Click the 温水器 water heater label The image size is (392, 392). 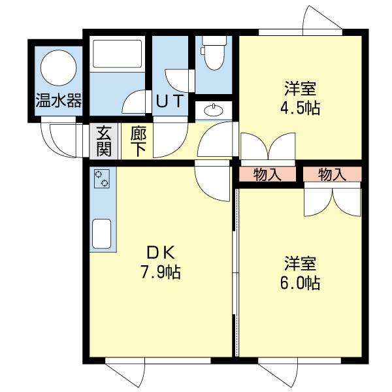coord(59,101)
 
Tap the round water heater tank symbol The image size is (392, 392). coord(59,68)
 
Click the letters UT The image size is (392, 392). coord(172,101)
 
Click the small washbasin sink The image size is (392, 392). coord(213,110)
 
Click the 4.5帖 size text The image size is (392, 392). coord(301,107)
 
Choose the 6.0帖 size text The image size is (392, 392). coord(301,284)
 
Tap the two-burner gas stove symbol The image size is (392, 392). coord(103,178)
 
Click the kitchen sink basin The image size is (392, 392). coord(103,233)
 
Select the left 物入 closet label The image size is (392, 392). coord(267,174)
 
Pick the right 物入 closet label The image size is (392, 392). coord(332,174)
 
